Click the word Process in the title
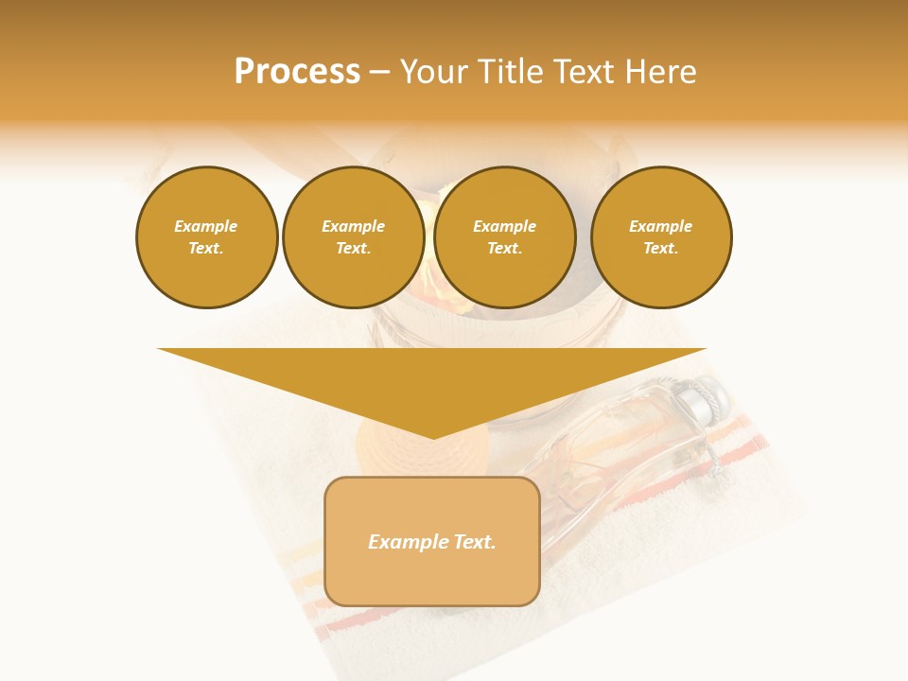coord(297,72)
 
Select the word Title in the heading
coord(509,72)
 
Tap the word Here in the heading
coord(659,72)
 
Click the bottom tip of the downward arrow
coord(432,436)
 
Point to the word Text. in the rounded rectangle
coord(474,542)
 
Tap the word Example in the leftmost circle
coord(205,226)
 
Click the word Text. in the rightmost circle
coord(660,248)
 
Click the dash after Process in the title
coord(379,72)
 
